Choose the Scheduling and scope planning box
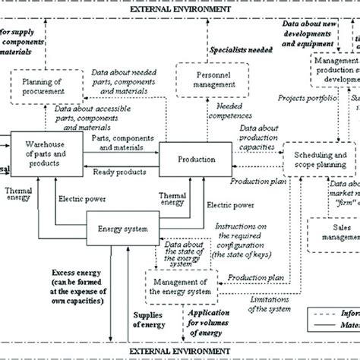[x=320, y=159]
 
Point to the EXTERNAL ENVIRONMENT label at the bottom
[x=179, y=352]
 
